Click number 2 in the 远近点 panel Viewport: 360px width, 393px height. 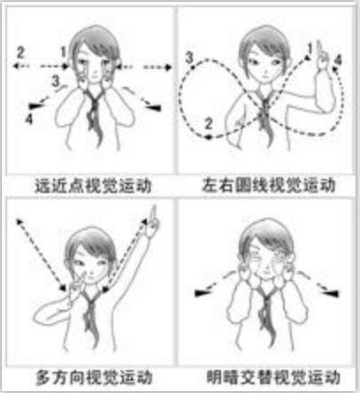[22, 48]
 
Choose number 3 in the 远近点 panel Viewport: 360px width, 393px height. [55, 81]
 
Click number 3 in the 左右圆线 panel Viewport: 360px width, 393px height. [190, 58]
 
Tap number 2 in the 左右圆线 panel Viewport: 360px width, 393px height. [210, 122]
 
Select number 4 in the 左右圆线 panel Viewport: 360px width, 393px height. [338, 61]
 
